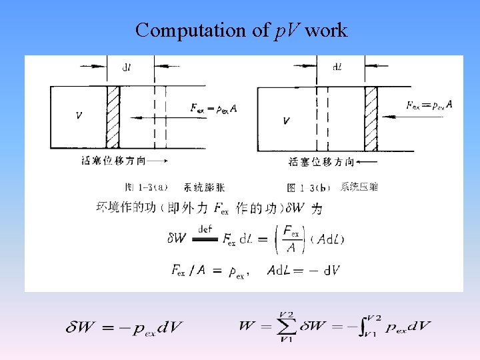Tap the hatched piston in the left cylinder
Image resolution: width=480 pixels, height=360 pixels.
(113, 117)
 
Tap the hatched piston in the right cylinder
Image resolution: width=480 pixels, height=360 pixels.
(371, 119)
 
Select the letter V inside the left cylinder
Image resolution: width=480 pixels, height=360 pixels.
(79, 115)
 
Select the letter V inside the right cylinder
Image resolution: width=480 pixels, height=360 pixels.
(286, 121)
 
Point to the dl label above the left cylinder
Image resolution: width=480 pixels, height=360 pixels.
(126, 66)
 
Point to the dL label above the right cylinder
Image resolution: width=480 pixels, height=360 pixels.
(338, 66)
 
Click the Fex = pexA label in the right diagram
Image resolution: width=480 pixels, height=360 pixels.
(429, 105)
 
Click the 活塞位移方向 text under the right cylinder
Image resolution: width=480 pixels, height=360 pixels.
(314, 161)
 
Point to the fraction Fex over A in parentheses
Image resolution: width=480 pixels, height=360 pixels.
(291, 239)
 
